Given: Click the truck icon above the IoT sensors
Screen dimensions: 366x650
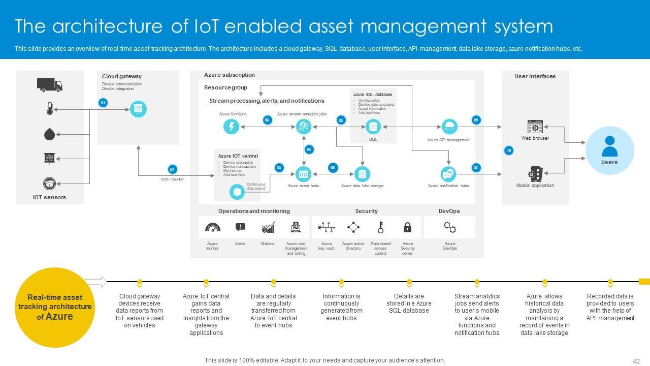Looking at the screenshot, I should coord(50,84).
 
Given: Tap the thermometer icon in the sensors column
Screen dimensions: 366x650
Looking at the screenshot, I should coord(49,109).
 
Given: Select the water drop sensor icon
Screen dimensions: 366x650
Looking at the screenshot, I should coord(49,134).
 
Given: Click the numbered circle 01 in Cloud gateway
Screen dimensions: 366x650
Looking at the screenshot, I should coord(103,103).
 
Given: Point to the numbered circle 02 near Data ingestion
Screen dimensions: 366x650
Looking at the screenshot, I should coord(172,169).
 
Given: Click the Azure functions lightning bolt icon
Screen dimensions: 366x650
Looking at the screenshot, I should coord(232,126).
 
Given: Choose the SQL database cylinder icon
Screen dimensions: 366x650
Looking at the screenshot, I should coord(373,127).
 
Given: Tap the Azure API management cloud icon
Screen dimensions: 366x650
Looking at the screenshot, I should coord(449,126).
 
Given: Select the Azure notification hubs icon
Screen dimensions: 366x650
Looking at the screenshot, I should coord(448,174).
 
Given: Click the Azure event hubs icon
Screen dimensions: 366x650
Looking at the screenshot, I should coord(304,174).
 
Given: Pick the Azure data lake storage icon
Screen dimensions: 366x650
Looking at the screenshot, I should coord(362,174).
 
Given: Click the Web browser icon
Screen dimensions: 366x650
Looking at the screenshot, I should coord(535,127).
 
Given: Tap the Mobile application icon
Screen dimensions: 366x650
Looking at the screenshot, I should coord(535,174).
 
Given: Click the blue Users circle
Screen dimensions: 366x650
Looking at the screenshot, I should coord(609,150).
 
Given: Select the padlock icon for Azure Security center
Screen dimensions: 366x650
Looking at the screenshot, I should coord(407,227).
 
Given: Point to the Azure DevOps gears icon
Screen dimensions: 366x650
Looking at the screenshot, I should coord(450,227).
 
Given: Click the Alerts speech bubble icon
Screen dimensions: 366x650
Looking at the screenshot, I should coord(240,227).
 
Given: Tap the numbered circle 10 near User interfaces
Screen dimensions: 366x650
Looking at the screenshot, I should coord(508,150).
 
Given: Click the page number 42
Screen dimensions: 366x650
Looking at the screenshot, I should coord(636,361).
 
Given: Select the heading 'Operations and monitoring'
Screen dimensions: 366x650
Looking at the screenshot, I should coord(254,211).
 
